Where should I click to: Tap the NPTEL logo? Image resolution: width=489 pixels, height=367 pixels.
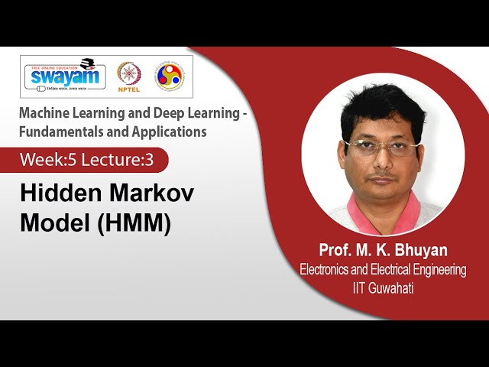click(x=128, y=76)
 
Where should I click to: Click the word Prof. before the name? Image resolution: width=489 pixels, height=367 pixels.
click(x=334, y=250)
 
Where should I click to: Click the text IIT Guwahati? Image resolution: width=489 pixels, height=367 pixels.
click(x=383, y=287)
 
